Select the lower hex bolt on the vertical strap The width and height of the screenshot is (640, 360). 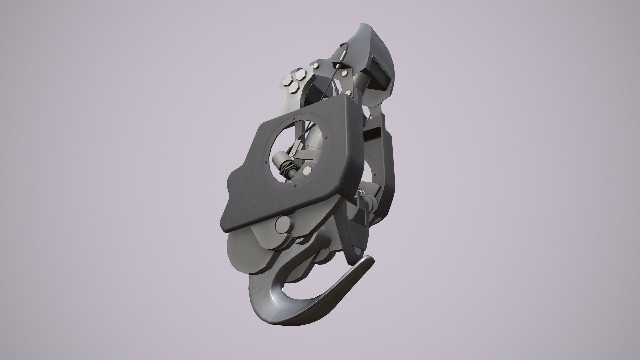(x=349, y=92)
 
